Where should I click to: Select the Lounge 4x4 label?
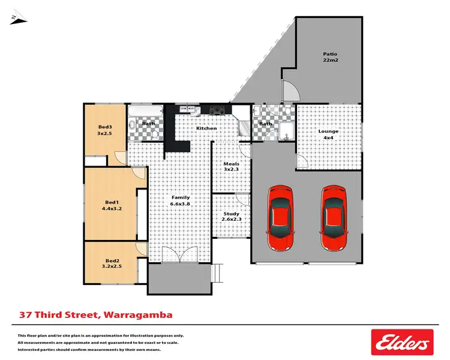[x=328, y=134]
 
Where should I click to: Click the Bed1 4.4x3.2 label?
[x=112, y=205]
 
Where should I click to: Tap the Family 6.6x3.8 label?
[x=181, y=200]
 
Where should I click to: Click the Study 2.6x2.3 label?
[x=231, y=217]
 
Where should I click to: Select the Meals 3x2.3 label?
[x=232, y=167]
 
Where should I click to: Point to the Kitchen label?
[x=206, y=128]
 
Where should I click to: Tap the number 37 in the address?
[x=25, y=314]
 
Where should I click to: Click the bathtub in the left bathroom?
[x=146, y=112]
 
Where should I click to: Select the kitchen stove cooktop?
[x=217, y=110]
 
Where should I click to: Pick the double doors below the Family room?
[x=179, y=254]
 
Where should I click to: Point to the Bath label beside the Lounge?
[x=265, y=124]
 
